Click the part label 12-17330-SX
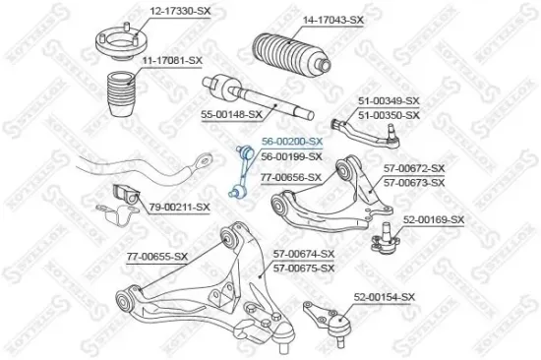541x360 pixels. (179, 11)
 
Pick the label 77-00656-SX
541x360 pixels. (290, 177)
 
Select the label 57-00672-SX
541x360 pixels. (414, 169)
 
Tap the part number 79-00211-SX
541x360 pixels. (179, 207)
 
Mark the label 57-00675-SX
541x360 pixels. (303, 267)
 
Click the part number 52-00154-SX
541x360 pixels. (386, 296)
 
